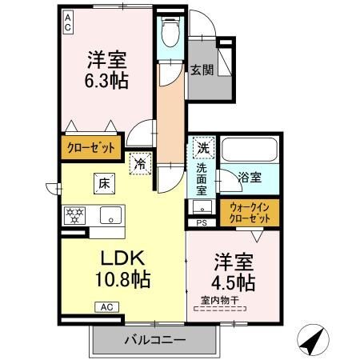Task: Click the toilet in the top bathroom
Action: point(170,34)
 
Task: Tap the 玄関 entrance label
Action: point(202,70)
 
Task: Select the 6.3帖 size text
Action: point(106,80)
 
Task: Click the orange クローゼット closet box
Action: point(90,147)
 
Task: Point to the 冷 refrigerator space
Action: point(140,164)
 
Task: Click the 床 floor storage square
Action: point(104,183)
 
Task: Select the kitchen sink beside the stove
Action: point(111,214)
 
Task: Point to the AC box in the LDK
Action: point(107,306)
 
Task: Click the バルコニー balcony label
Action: point(155,341)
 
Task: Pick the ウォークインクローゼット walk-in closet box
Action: point(249,212)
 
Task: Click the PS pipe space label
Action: point(202,223)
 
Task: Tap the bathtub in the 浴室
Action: point(249,150)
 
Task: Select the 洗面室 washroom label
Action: point(202,179)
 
